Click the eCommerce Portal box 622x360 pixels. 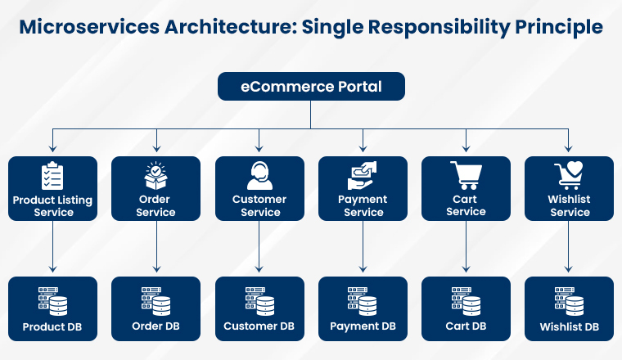coord(310,86)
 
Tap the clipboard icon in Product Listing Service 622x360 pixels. coord(52,176)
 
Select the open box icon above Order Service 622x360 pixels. coord(155,176)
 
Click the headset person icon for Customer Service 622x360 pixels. coord(259,176)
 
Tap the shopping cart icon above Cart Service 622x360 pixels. coord(466,175)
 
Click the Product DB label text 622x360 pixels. coord(52,326)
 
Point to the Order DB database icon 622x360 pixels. coord(155,300)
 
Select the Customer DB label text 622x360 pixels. coord(259,326)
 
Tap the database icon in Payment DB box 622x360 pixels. coord(363,300)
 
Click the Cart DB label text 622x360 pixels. coord(466,326)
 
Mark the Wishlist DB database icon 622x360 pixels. coord(570,300)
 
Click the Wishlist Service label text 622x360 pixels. coord(570,205)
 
